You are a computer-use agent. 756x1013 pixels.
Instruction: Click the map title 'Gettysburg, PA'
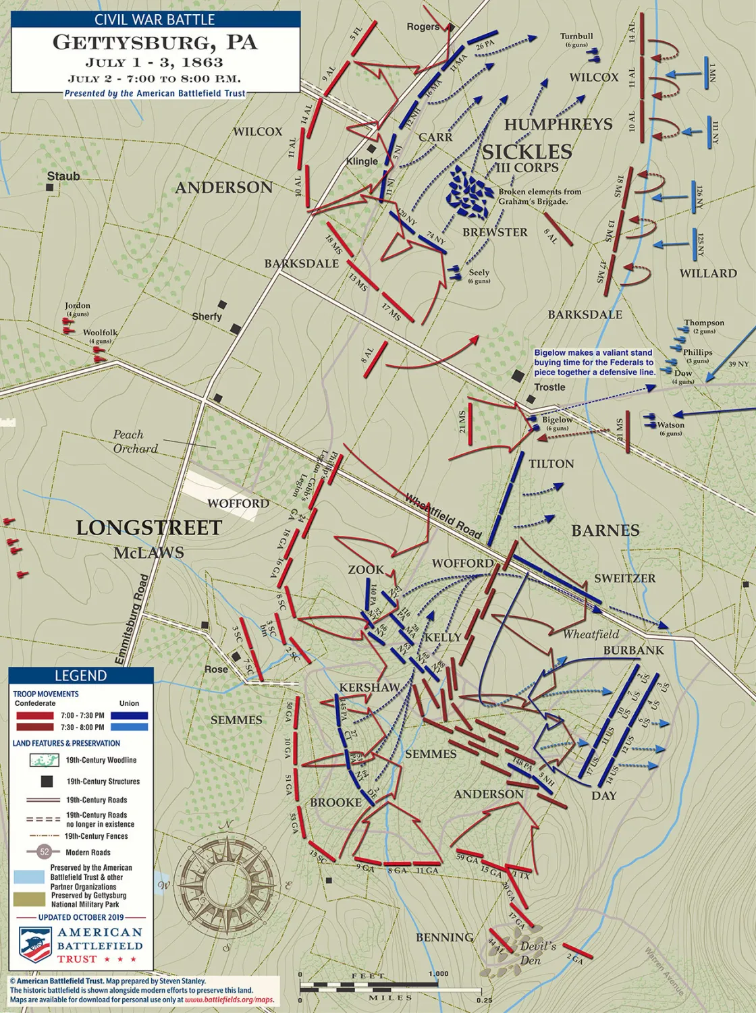click(155, 43)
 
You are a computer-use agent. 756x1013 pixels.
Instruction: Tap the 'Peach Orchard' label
click(135, 441)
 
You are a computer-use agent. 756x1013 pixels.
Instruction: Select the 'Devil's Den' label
click(538, 952)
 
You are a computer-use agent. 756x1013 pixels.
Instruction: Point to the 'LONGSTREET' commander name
click(148, 528)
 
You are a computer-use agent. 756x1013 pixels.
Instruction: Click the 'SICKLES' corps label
click(526, 152)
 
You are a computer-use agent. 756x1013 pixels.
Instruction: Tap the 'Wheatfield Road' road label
click(443, 516)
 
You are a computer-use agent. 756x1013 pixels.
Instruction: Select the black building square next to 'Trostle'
click(518, 375)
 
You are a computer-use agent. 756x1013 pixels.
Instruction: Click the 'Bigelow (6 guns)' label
click(557, 423)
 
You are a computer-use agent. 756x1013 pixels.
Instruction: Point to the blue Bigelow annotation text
click(594, 362)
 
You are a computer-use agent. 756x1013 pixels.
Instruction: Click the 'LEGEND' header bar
click(80, 676)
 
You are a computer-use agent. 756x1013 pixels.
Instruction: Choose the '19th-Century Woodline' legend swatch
click(45, 760)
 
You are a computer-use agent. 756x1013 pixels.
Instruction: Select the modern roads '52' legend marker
click(45, 852)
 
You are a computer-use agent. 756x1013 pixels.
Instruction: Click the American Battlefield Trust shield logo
click(35, 943)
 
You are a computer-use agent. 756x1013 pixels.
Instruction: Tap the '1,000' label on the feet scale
click(437, 974)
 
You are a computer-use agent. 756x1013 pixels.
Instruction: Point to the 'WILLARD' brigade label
click(707, 273)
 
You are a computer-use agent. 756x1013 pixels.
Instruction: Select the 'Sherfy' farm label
click(207, 317)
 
